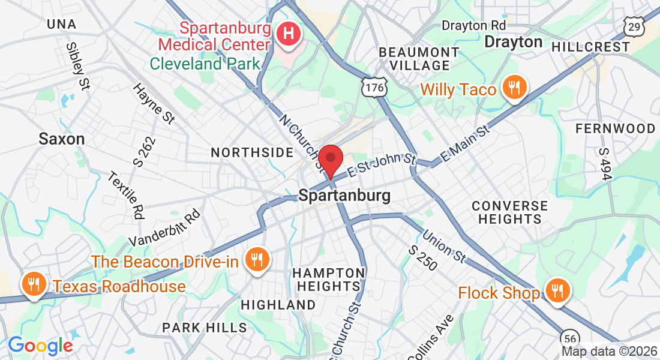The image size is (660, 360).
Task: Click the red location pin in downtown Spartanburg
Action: click(331, 160)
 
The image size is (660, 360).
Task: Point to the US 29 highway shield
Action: click(634, 26)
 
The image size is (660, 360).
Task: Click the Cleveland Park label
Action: click(205, 64)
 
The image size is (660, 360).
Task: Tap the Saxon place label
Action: click(61, 139)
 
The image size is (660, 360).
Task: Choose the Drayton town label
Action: click(513, 42)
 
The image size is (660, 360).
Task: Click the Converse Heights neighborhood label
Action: click(509, 212)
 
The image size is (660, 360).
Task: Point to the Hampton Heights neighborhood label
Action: click(328, 280)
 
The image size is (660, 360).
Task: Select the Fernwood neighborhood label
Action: click(615, 128)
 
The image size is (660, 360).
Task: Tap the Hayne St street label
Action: click(154, 103)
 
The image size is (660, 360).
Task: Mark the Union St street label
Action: click(444, 245)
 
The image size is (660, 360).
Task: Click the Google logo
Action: click(40, 346)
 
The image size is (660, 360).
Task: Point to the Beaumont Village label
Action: click(419, 58)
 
